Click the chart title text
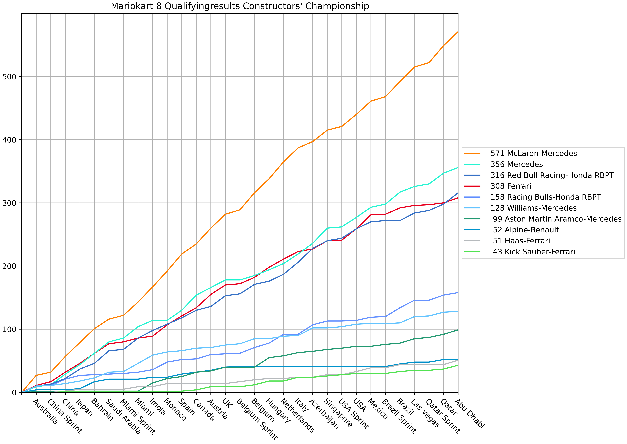pos(240,6)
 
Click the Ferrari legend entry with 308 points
pos(511,186)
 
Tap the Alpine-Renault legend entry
pos(526,230)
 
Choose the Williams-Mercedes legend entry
pos(533,208)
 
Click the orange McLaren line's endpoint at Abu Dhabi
pos(458,32)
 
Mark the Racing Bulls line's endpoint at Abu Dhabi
pos(458,293)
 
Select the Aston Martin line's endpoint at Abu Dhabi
pos(458,330)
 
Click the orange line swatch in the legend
pos(472,153)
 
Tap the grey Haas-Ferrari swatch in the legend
pos(472,241)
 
